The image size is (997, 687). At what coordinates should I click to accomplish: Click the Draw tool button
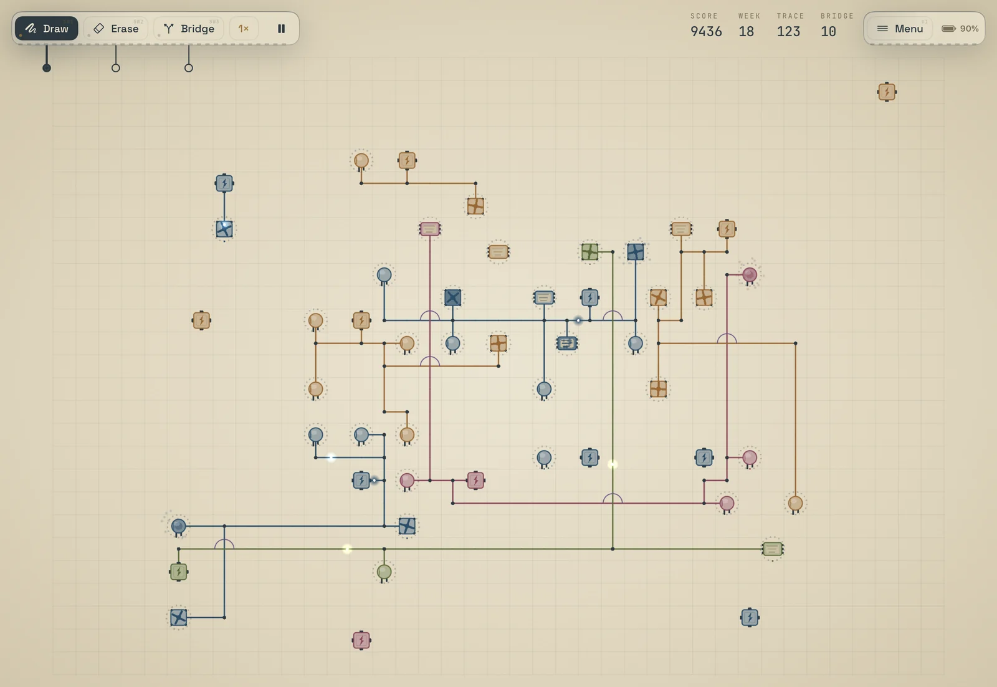(x=46, y=29)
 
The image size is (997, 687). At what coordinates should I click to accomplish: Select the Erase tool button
(x=116, y=29)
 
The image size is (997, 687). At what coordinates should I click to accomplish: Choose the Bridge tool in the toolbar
(x=189, y=29)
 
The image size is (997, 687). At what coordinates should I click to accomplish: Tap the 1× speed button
(x=244, y=29)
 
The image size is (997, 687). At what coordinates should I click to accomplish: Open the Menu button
(x=900, y=29)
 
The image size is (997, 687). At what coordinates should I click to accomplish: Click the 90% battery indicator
(x=960, y=29)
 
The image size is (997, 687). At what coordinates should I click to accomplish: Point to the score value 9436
(x=706, y=32)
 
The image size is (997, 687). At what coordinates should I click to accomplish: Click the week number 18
(x=747, y=32)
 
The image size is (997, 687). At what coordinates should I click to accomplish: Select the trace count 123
(x=788, y=32)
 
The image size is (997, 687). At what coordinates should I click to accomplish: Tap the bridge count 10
(x=828, y=32)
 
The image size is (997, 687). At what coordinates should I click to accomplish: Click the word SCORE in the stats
(x=704, y=16)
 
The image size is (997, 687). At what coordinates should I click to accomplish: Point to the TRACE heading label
(x=791, y=16)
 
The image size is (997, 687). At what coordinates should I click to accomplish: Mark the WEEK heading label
(x=750, y=16)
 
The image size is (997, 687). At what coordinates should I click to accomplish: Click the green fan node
(x=589, y=252)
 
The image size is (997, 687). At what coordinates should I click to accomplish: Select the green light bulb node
(x=384, y=572)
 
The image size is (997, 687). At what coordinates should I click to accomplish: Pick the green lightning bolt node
(x=178, y=572)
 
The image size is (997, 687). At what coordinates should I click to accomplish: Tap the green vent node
(x=772, y=549)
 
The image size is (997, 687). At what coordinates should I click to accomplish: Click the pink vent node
(x=429, y=229)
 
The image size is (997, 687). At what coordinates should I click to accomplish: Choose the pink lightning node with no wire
(x=361, y=640)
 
